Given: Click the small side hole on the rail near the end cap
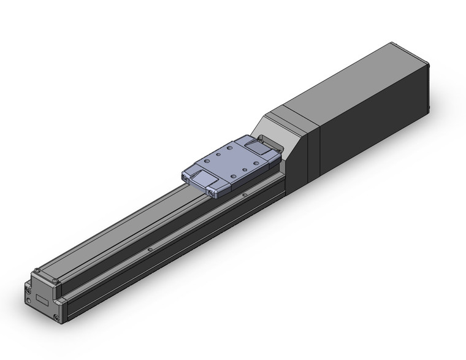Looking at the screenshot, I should (150, 250).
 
